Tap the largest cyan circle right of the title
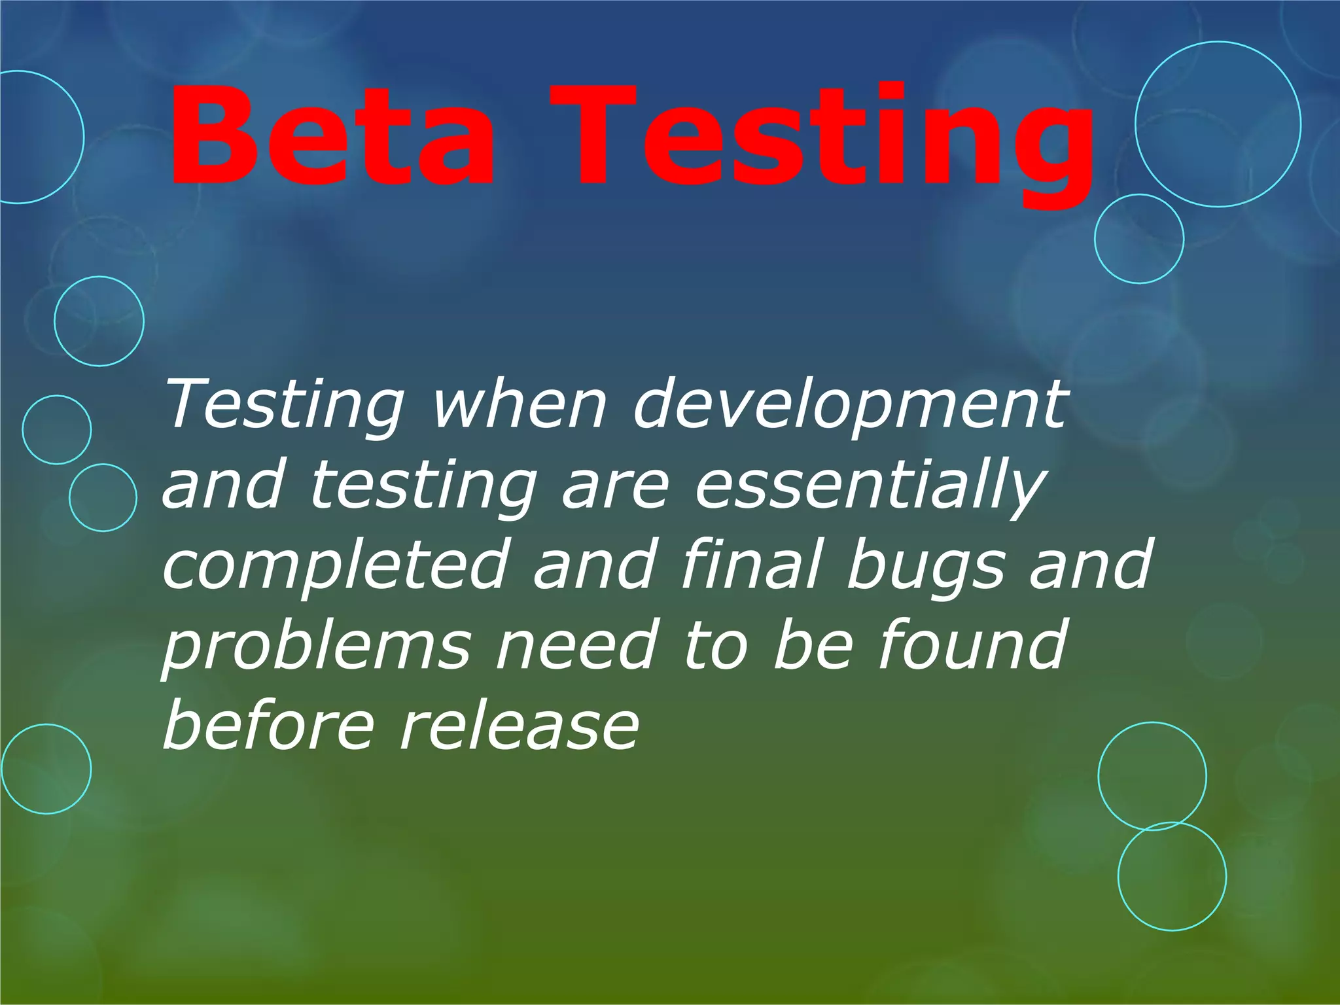[1218, 124]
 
